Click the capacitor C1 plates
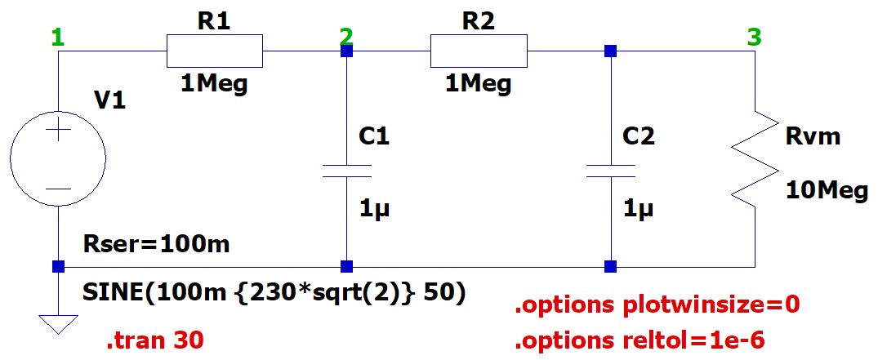[346, 171]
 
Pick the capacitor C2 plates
[610, 171]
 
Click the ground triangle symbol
[58, 324]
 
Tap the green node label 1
[58, 38]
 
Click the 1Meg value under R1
[215, 84]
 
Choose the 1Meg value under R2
[479, 84]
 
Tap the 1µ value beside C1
[373, 211]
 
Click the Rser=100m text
[156, 244]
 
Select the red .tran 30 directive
[155, 340]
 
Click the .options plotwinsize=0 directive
[657, 305]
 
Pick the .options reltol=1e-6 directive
[640, 340]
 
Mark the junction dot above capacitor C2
[610, 51]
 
